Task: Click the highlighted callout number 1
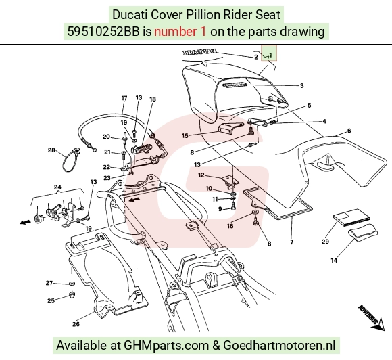[x=270, y=55]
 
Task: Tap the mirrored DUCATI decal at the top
[x=199, y=53]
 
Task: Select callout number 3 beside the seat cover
[x=301, y=86]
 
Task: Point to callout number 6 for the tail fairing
[x=349, y=131]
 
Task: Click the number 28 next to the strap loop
[x=51, y=150]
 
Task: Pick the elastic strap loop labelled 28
[x=72, y=159]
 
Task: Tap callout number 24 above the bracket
[x=57, y=187]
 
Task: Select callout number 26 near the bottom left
[x=76, y=324]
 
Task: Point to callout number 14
[x=334, y=260]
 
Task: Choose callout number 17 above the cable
[x=124, y=98]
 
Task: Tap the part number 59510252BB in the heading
[x=103, y=32]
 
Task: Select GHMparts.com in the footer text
[x=166, y=346]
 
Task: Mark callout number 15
[x=185, y=136]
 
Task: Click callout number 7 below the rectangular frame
[x=291, y=242]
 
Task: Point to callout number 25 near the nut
[x=51, y=300]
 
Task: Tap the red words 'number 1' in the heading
[x=180, y=32]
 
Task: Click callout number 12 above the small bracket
[x=201, y=175]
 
